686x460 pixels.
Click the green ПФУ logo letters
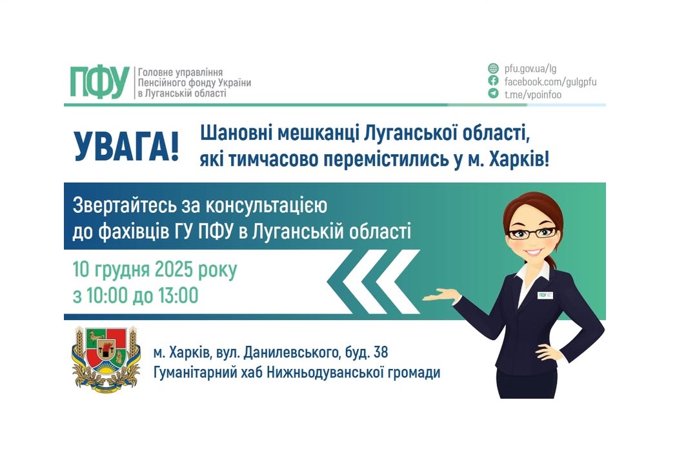99,83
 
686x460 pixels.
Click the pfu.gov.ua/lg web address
530,68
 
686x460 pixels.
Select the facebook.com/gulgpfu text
550,81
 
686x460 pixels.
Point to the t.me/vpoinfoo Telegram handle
533,94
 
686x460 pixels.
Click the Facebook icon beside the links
493,81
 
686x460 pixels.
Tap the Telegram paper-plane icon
493,94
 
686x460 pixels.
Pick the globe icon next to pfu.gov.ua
493,68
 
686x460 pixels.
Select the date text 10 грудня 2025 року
155,270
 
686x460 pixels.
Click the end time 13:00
176,296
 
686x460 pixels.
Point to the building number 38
381,353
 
